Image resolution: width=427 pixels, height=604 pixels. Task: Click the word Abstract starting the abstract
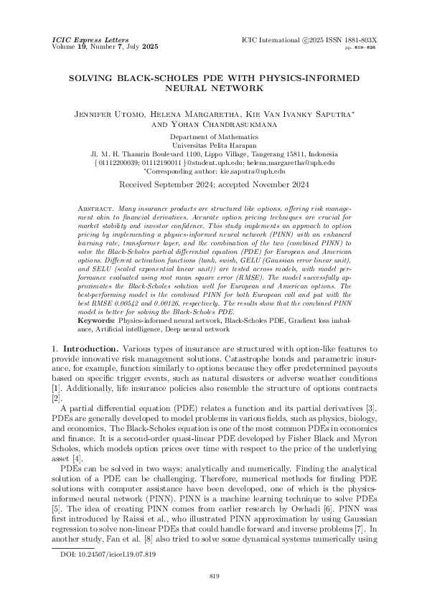(x=95, y=207)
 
